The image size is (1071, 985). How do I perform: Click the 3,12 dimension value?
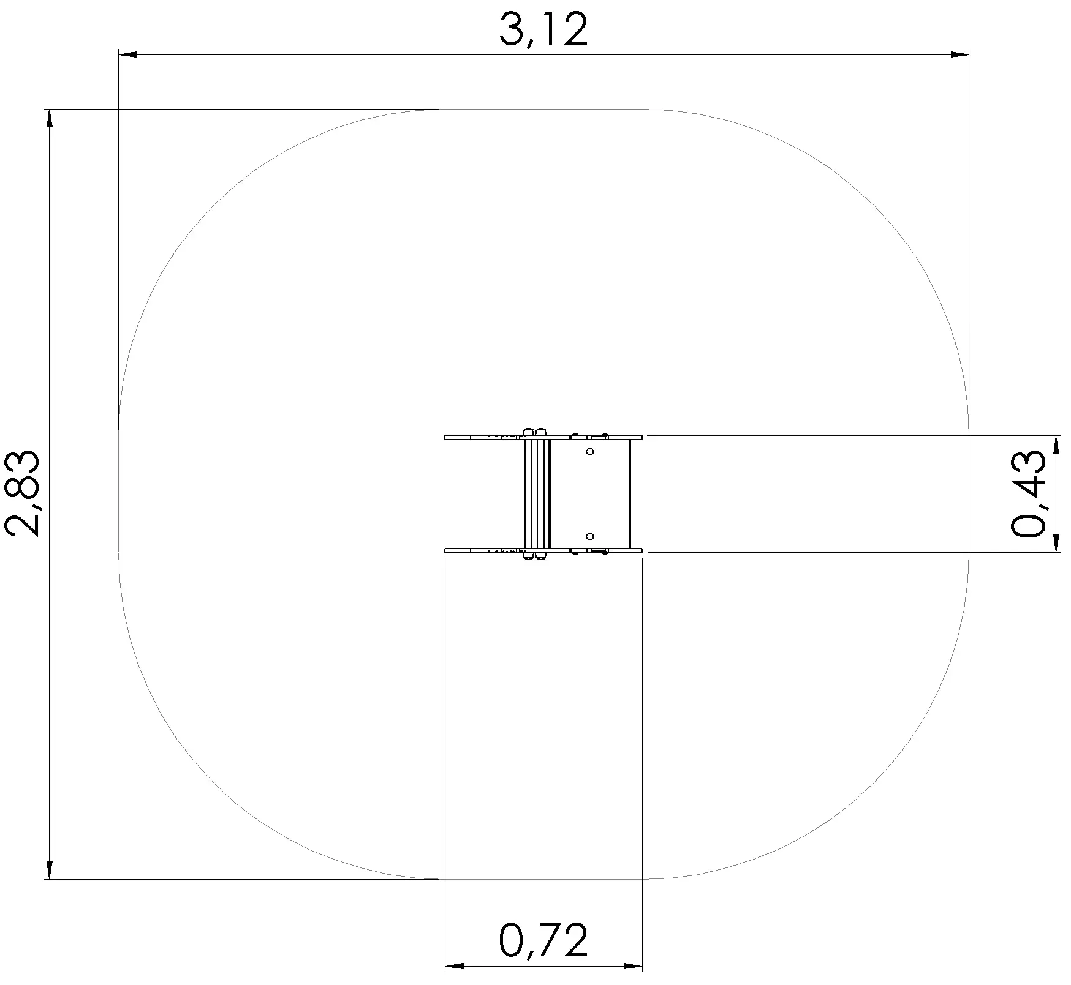click(543, 30)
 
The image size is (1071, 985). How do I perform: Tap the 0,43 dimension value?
click(1027, 494)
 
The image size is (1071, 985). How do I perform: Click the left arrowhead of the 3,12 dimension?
click(127, 55)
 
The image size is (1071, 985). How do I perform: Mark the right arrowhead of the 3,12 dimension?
click(959, 55)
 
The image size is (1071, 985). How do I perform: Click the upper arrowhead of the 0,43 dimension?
click(1056, 445)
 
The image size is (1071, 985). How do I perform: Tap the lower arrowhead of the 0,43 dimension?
click(1056, 543)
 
